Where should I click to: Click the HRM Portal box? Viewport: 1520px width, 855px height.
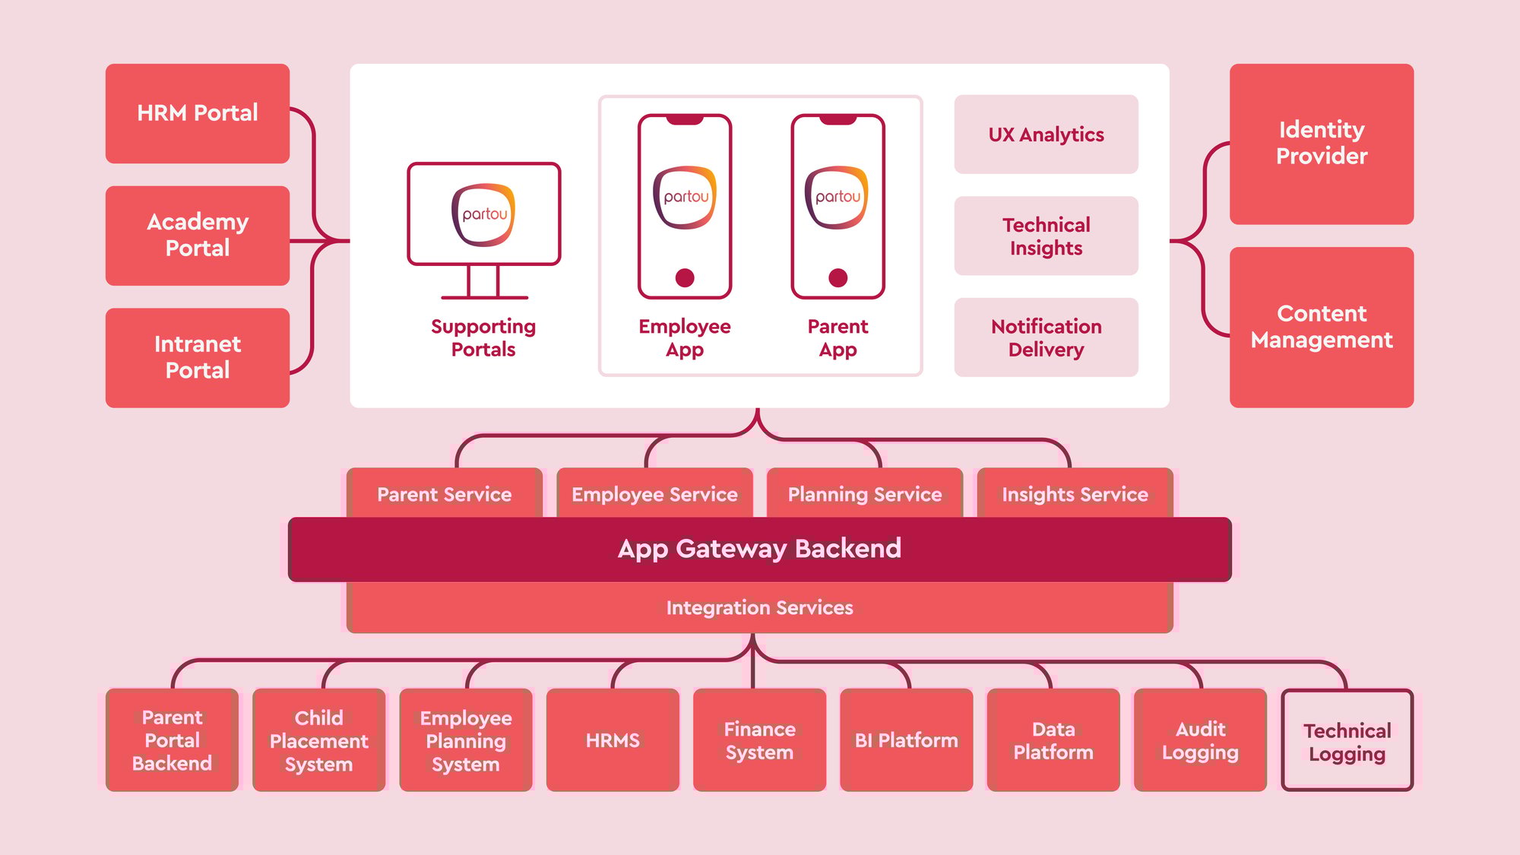click(198, 113)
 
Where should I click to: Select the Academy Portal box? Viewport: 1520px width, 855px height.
click(198, 236)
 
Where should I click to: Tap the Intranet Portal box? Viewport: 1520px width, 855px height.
click(198, 357)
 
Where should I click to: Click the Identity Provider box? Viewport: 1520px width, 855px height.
click(1322, 144)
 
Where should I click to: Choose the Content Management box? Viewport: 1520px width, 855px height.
click(1322, 327)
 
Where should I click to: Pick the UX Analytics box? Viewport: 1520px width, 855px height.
click(1046, 135)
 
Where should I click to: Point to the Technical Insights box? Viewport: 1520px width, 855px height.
click(1046, 236)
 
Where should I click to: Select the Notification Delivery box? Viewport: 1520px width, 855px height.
click(1046, 337)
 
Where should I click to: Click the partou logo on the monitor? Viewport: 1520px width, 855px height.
click(483, 214)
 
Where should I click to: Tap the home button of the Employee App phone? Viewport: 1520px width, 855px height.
click(685, 277)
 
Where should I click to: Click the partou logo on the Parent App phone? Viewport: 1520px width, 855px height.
click(838, 198)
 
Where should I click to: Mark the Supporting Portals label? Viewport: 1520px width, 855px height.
click(483, 337)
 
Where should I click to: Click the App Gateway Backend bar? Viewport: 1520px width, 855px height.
click(759, 549)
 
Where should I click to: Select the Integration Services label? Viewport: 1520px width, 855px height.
click(759, 608)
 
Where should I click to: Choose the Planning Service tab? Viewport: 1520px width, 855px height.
click(865, 494)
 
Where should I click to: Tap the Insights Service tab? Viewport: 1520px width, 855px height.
click(1075, 494)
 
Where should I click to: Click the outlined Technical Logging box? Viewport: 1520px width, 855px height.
click(1347, 741)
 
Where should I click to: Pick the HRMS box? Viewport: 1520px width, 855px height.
click(613, 740)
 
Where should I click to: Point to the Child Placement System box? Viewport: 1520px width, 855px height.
click(318, 740)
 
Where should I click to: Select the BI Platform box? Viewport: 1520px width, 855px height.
click(906, 740)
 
